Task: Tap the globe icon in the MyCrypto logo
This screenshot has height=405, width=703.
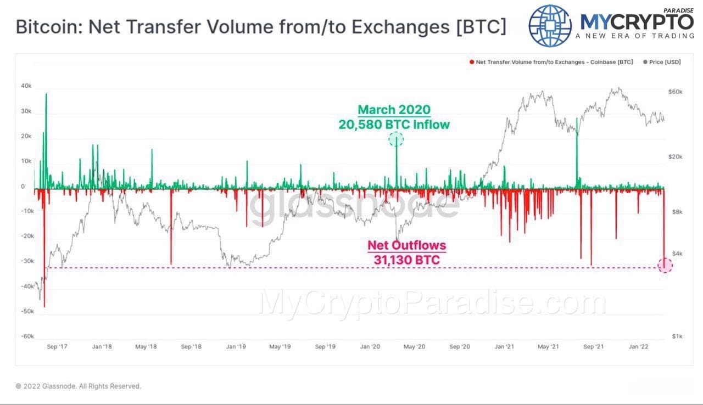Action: (550, 25)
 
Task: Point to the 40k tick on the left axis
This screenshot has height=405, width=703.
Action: (26, 86)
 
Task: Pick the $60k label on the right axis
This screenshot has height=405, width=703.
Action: (675, 92)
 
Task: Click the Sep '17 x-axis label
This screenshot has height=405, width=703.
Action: (56, 347)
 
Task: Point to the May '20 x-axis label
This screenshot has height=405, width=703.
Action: (414, 347)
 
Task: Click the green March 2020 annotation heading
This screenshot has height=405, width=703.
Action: (394, 110)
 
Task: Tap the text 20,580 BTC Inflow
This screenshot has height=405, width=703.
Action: (394, 125)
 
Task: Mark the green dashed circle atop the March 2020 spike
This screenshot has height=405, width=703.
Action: (396, 139)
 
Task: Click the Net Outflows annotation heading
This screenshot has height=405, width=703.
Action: (406, 245)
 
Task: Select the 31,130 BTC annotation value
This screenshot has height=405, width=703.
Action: (406, 260)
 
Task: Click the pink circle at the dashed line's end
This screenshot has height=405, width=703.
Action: (665, 266)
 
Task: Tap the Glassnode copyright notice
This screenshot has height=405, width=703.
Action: (79, 386)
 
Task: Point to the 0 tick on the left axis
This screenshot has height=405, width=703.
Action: (23, 187)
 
